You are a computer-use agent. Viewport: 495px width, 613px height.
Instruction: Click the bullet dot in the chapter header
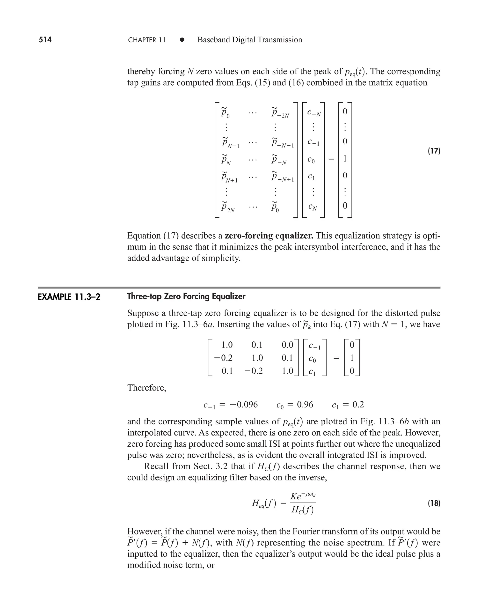coord(182,40)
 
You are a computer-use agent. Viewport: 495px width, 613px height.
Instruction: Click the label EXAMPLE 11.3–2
coord(69,297)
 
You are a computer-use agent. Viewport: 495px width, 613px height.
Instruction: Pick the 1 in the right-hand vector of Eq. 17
coord(345,159)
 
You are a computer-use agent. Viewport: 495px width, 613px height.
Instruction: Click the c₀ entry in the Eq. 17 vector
coord(311,160)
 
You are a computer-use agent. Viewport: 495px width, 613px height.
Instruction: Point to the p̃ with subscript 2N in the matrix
coord(228,207)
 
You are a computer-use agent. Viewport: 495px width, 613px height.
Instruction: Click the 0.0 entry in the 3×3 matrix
coord(287,345)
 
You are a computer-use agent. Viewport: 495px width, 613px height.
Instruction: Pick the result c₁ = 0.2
coord(348,405)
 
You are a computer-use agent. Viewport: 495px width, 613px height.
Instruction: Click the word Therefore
coord(146,388)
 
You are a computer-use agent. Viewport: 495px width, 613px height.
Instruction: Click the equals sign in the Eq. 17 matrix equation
coord(331,159)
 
